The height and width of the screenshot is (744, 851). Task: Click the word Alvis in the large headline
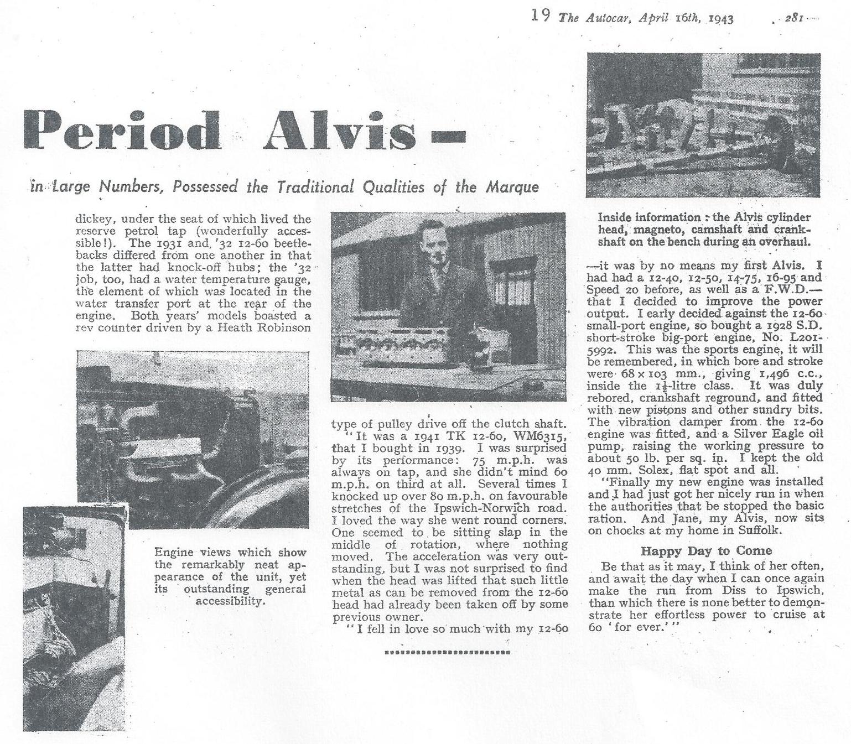[339, 131]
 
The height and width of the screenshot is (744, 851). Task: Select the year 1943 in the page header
[721, 19]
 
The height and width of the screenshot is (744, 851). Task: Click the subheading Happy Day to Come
[706, 550]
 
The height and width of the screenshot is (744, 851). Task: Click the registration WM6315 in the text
[540, 435]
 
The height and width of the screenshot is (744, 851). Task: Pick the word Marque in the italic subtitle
[512, 187]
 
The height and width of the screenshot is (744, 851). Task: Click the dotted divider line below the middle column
[447, 653]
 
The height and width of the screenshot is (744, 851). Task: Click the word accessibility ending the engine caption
[230, 601]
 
